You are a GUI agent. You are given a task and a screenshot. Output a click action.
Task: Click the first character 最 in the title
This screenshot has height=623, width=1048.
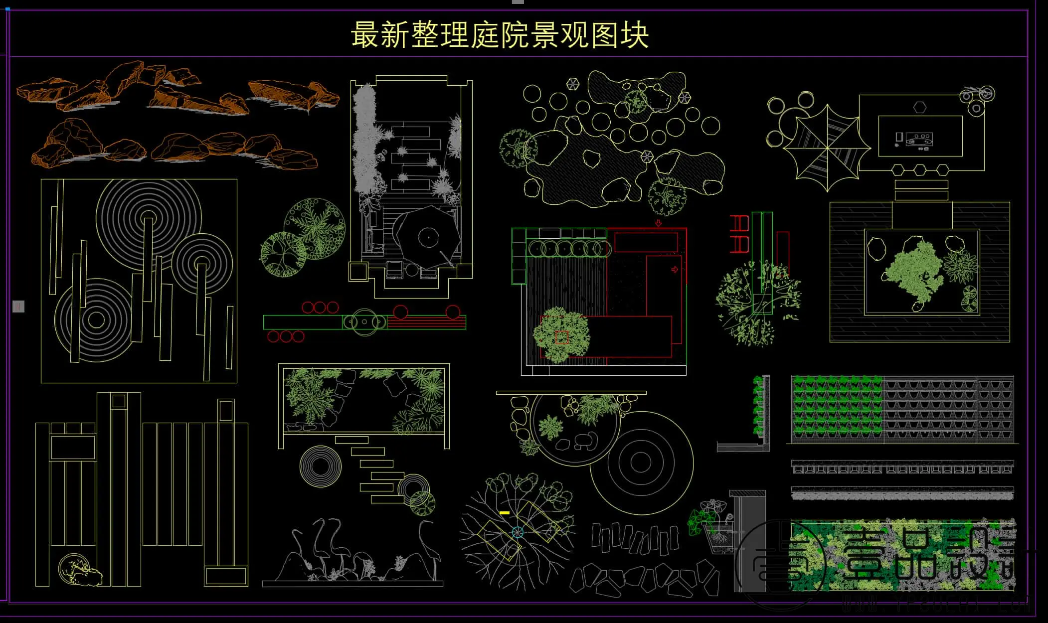tap(365, 35)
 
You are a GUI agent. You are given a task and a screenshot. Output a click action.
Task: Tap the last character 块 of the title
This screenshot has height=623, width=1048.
tap(634, 35)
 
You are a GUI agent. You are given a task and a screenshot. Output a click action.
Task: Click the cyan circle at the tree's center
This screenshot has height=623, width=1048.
tap(517, 532)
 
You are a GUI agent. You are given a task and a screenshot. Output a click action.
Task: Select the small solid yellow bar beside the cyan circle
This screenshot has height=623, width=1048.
tap(504, 512)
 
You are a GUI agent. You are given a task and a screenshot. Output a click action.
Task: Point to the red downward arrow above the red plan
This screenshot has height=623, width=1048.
tap(658, 223)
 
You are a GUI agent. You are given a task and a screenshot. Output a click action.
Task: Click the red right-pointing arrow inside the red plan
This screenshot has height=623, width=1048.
tap(675, 270)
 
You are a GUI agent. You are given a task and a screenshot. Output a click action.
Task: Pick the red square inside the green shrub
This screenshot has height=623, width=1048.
tap(562, 337)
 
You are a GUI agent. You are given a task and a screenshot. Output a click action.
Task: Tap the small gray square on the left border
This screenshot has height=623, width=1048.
tap(18, 307)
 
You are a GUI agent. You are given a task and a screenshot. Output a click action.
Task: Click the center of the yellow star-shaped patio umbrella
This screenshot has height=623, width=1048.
tap(827, 147)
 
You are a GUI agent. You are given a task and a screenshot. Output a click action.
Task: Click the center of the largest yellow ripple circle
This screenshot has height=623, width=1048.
tap(149, 218)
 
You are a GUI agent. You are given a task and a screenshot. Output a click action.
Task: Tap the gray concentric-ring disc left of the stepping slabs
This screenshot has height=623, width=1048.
tap(321, 467)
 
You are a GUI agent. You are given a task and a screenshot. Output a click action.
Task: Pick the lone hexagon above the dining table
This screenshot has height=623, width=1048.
tap(920, 107)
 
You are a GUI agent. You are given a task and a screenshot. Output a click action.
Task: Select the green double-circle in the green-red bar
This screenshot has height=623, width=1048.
tap(364, 322)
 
